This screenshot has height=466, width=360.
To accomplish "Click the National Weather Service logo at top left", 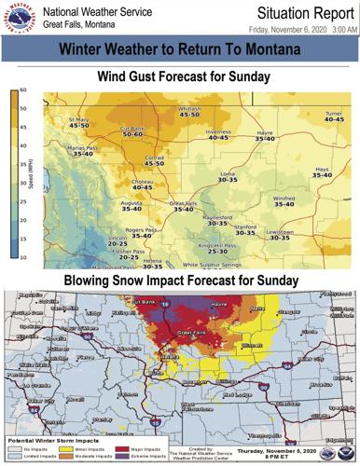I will (20, 18).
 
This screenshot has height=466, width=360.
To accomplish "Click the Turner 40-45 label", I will (334, 116).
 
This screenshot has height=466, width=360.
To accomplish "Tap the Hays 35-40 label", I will (322, 173).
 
